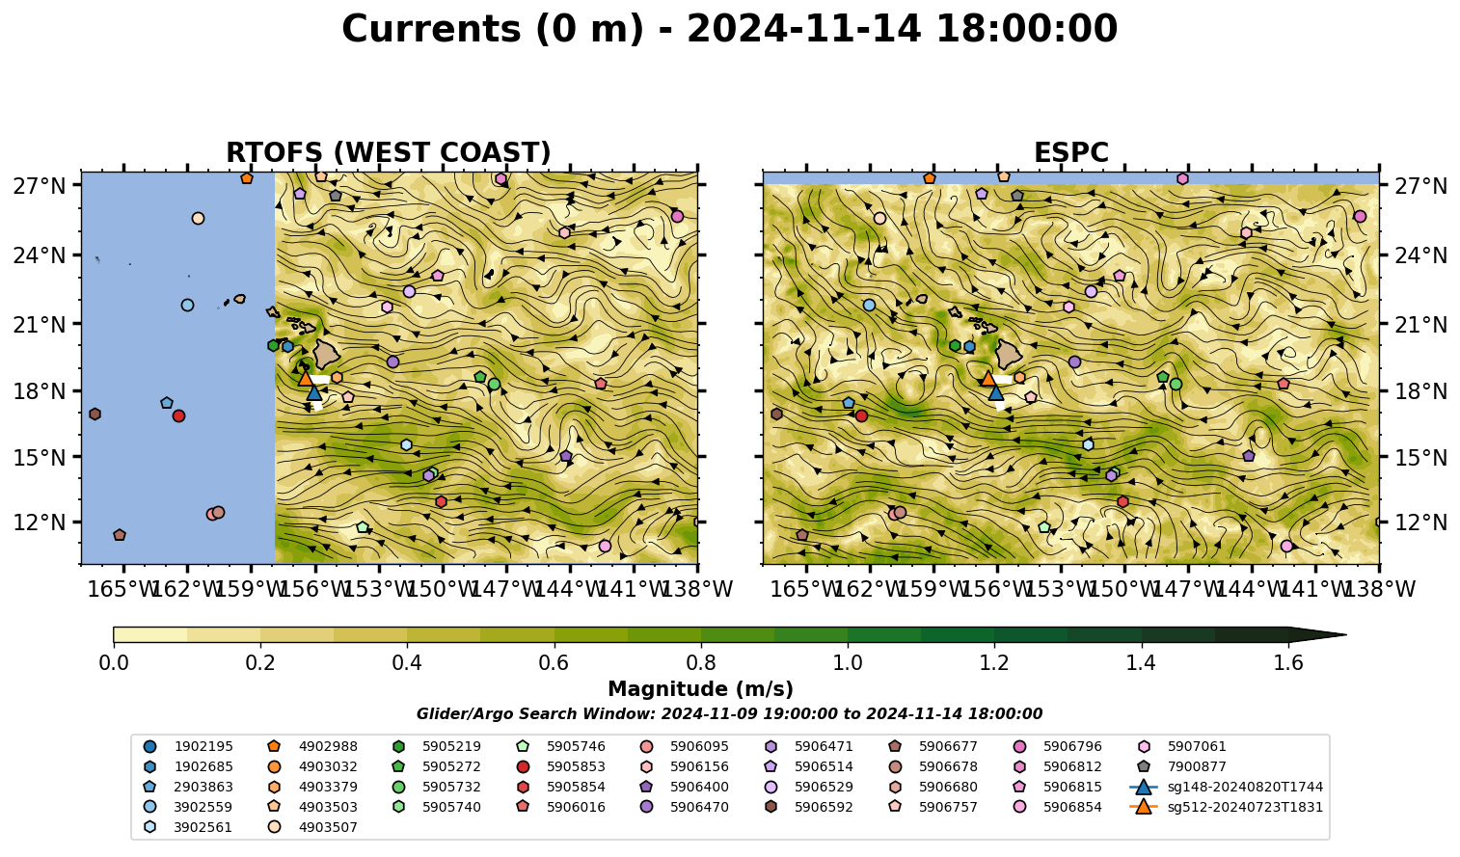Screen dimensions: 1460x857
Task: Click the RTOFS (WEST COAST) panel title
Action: (x=389, y=152)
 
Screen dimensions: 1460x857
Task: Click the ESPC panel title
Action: (x=1070, y=152)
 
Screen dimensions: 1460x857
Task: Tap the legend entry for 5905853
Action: (x=564, y=766)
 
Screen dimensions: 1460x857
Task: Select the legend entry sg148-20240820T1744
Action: (x=1226, y=787)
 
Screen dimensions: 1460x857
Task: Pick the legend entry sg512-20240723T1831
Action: (x=1226, y=807)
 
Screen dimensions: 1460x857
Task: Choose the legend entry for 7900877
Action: (x=1184, y=766)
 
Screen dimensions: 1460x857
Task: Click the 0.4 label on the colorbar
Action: (x=407, y=663)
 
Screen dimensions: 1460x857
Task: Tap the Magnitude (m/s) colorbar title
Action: (x=701, y=689)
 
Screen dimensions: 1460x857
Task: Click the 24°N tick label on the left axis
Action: (x=40, y=254)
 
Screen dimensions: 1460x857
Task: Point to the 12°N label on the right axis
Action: (x=1420, y=522)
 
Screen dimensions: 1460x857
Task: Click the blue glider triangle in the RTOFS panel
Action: (x=314, y=392)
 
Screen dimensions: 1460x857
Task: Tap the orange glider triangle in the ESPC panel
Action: (x=988, y=379)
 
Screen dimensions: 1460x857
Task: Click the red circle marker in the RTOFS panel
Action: (x=178, y=415)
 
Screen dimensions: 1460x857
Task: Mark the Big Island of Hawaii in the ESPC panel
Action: (x=1009, y=354)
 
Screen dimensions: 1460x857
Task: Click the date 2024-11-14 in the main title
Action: (x=804, y=29)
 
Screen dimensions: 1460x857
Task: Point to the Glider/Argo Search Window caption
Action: (x=729, y=713)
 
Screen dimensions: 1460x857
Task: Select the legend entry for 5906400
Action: (x=688, y=787)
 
